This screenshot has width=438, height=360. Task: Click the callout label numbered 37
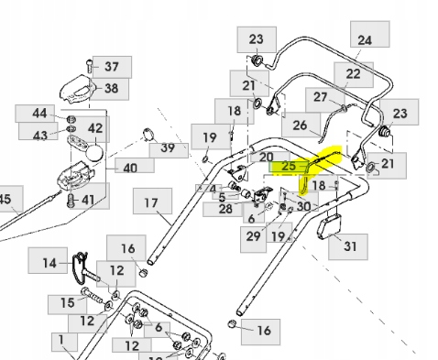coord(112,66)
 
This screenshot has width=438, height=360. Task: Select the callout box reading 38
coord(111,89)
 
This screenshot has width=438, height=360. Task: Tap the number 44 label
coord(38,114)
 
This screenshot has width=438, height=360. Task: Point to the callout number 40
coord(129,168)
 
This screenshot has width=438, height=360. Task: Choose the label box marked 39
coord(166,147)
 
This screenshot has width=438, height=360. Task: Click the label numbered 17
coord(151,202)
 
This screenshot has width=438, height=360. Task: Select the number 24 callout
coord(365,40)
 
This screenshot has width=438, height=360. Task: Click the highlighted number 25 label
coord(288,166)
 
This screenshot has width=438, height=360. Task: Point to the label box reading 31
coord(348,245)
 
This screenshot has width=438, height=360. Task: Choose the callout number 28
coord(226,209)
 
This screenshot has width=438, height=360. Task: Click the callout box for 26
coord(299,125)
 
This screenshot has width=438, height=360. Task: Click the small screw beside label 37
coord(87,65)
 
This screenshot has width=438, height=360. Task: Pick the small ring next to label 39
coord(148,137)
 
